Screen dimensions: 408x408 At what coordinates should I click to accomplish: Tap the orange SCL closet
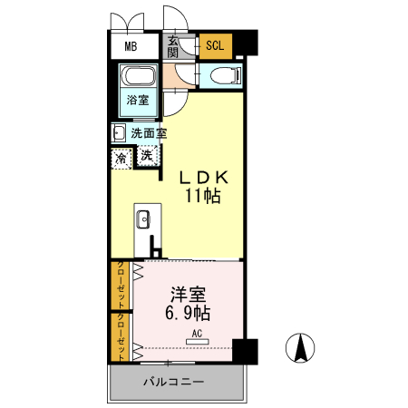pyautogui.click(x=215, y=45)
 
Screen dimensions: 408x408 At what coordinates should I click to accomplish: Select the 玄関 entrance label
pyautogui.click(x=172, y=45)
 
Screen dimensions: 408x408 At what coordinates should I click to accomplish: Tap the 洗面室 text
pyautogui.click(x=149, y=133)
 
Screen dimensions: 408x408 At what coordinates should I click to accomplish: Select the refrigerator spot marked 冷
pyautogui.click(x=121, y=157)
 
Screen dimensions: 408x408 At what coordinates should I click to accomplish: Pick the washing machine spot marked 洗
pyautogui.click(x=146, y=156)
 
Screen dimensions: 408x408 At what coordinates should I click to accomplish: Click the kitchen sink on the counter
pyautogui.click(x=142, y=219)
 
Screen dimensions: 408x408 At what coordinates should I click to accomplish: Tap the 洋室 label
pyautogui.click(x=188, y=295)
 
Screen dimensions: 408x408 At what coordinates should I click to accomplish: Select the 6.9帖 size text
pyautogui.click(x=188, y=314)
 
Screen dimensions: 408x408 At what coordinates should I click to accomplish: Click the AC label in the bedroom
pyautogui.click(x=197, y=334)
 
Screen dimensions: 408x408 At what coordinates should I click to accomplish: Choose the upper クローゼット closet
pyautogui.click(x=121, y=286)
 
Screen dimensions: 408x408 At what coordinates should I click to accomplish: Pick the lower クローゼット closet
pyautogui.click(x=121, y=336)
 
